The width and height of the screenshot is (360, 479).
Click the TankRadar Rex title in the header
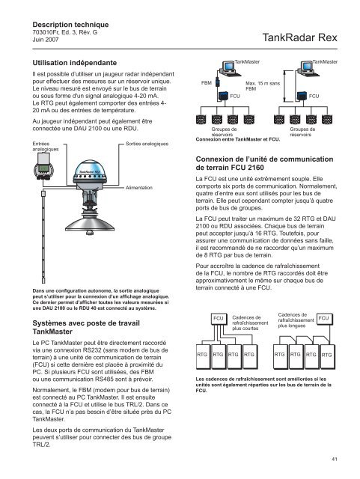(x=299, y=37)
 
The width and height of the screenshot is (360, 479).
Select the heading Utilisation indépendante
(x=75, y=63)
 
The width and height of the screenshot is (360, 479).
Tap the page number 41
(x=335, y=459)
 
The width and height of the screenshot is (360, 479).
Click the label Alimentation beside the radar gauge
(x=139, y=188)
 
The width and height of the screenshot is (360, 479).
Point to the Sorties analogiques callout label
(x=147, y=144)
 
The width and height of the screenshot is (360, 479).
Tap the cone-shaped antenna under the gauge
(x=90, y=222)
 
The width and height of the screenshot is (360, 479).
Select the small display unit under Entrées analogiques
(x=43, y=166)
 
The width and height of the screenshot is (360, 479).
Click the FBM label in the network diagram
(x=207, y=83)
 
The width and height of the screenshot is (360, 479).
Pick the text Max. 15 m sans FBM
(x=263, y=86)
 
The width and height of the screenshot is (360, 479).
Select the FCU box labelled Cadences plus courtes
(x=219, y=319)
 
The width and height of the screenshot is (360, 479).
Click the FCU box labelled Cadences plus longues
(x=324, y=318)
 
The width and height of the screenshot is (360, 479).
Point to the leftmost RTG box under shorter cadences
(x=202, y=356)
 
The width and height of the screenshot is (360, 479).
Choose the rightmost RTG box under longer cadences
(x=327, y=356)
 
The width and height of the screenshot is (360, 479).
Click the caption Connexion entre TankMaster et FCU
(x=238, y=139)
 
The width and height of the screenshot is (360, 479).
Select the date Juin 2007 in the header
(x=46, y=40)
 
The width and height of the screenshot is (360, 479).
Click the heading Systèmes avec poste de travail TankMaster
(x=86, y=327)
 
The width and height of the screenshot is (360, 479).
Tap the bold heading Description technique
(x=70, y=25)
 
